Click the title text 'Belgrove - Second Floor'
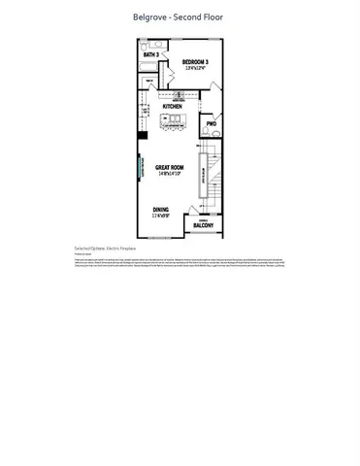(x=180, y=17)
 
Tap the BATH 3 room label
(x=150, y=55)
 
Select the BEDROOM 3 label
(x=197, y=61)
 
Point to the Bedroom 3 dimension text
(x=197, y=68)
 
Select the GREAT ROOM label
(x=172, y=168)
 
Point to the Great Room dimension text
(x=172, y=175)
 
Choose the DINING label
(x=162, y=209)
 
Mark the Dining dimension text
(x=162, y=216)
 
